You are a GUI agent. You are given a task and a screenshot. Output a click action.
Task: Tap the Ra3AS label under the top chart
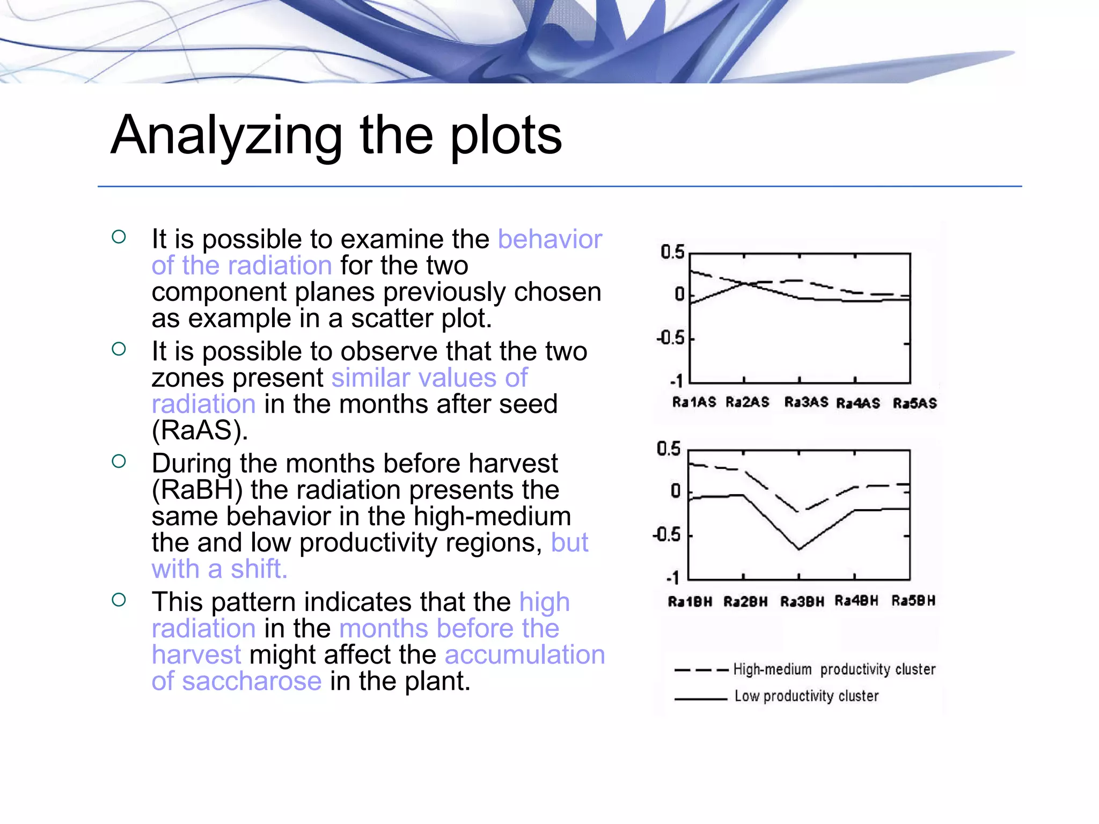pos(806,402)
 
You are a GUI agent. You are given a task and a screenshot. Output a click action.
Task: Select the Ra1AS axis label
pos(694,402)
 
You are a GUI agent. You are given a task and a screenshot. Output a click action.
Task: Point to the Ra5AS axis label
pos(914,403)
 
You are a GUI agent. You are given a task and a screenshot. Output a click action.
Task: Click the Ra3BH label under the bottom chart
pos(802,601)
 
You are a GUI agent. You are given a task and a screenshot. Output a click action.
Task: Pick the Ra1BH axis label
pos(690,601)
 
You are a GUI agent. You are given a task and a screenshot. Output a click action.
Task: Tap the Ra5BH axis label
pos(913,600)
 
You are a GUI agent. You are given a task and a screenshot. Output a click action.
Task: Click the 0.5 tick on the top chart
pos(672,252)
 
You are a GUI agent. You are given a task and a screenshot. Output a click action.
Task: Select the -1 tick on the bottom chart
pos(673,578)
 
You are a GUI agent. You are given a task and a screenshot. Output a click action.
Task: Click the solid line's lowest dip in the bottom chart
pos(799,549)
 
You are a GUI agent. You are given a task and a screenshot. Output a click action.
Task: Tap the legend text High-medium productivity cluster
pos(834,669)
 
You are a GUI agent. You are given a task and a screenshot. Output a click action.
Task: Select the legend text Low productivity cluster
pos(806,696)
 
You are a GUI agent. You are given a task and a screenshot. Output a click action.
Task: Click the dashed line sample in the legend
pos(701,670)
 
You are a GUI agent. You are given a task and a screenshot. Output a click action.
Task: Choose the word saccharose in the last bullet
pos(252,681)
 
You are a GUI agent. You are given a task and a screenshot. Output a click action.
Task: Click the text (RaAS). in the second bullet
pos(200,430)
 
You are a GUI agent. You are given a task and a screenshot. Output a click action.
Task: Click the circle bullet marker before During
pos(119,461)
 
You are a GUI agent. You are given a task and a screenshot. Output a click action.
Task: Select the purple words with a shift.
pos(219,569)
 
